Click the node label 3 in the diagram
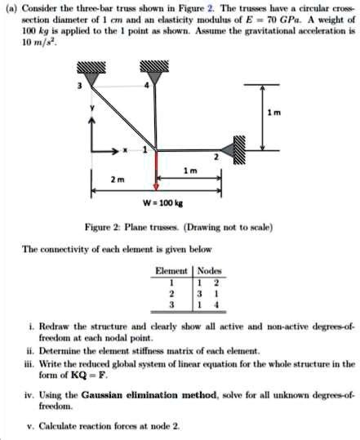80,86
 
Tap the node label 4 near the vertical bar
146,85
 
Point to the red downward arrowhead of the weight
156,187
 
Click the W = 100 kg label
162,202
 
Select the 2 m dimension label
118,180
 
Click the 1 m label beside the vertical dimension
273,113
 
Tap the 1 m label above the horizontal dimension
190,171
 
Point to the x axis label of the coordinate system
125,150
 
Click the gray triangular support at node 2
227,150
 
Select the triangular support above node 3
91,79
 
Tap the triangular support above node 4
154,78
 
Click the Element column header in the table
171,271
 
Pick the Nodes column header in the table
209,271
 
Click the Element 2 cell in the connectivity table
171,294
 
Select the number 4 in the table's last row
216,304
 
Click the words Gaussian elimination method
149,395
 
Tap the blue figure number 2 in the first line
210,8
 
